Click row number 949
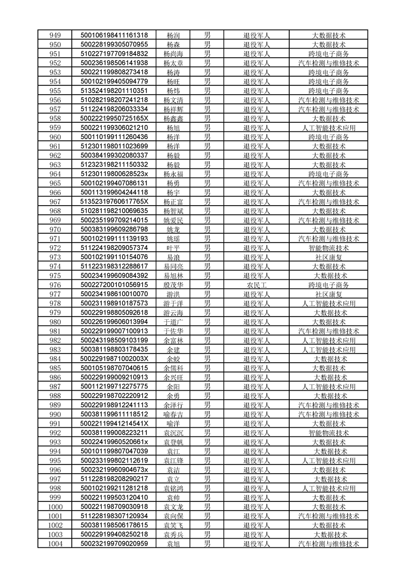pos(55,35)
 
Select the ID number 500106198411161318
pos(114,35)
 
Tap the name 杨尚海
pos(173,54)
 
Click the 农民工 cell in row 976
pos(256,285)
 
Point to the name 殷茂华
pos(173,285)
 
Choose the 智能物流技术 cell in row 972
pos(329,248)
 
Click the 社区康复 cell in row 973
pos(329,257)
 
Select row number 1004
pos(55,544)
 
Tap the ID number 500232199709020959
pos(114,544)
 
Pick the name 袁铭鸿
pos(173,489)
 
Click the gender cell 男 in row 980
pos(207,322)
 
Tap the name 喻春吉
pos(173,414)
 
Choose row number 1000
pos(55,507)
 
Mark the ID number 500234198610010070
pos(114,294)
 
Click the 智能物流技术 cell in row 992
pos(329,433)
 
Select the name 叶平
pos(173,248)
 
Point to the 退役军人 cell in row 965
pos(256,183)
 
